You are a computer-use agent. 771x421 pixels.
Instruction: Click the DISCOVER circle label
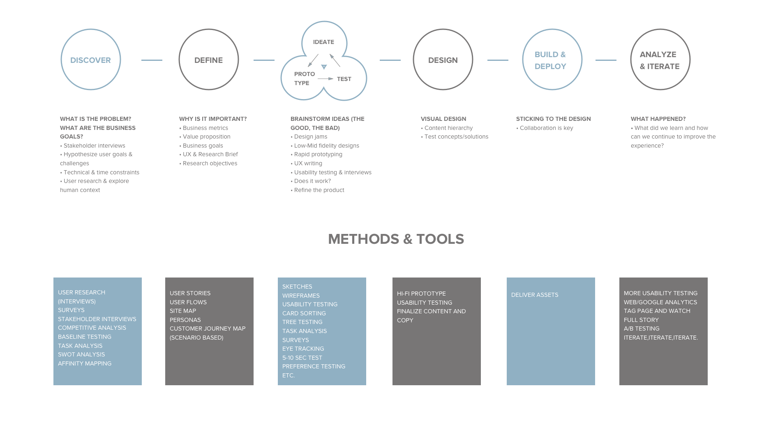point(90,60)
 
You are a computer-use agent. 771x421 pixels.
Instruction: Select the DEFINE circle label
point(208,60)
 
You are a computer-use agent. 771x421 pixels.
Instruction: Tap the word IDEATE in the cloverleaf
point(323,42)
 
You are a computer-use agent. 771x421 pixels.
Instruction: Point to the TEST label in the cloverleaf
point(344,79)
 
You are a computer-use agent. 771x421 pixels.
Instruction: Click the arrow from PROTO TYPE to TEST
point(325,79)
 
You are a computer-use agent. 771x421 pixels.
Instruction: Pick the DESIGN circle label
point(443,60)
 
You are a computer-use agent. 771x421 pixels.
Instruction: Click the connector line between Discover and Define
point(152,60)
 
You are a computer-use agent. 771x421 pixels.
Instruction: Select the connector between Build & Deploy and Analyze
point(606,60)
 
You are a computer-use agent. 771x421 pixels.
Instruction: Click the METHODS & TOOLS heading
point(396,239)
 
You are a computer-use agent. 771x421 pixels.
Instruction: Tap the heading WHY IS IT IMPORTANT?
point(213,119)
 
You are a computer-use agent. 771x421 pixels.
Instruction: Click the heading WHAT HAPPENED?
point(658,119)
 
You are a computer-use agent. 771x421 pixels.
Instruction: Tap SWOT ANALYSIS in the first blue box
point(81,354)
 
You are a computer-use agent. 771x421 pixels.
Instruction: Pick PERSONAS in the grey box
point(185,320)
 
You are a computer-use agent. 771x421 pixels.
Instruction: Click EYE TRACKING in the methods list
point(303,349)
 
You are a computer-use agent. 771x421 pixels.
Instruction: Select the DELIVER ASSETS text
point(535,295)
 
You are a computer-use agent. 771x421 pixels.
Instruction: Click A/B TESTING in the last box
point(642,328)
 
